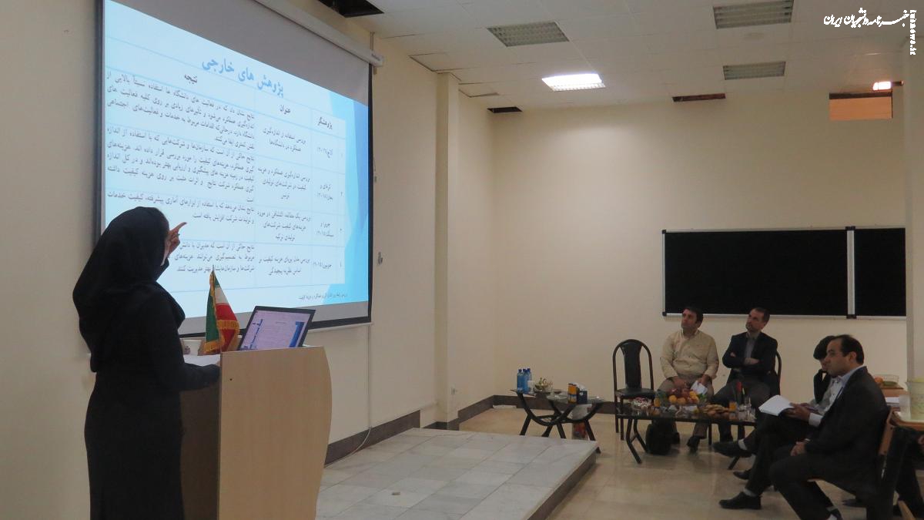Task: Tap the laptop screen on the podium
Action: [x=276, y=329]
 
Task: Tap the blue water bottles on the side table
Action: [x=524, y=380]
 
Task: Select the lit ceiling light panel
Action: [x=573, y=81]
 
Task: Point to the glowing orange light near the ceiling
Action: [x=882, y=86]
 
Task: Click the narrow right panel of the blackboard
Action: [x=879, y=272]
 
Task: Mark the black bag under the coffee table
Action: [x=658, y=438]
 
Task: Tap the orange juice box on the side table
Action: [x=572, y=392]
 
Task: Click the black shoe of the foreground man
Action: [x=739, y=501]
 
